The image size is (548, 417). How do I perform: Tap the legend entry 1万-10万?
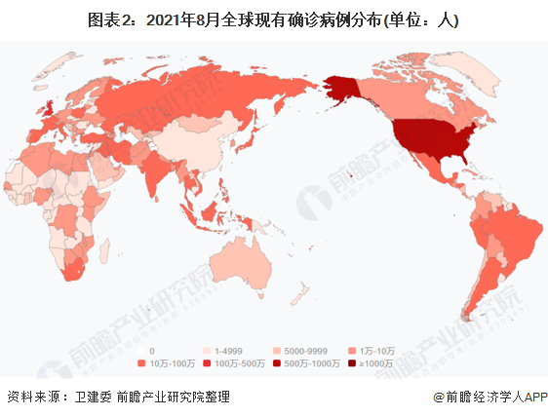(374, 350)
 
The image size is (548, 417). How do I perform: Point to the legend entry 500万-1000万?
(313, 363)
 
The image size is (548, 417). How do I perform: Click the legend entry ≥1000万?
(376, 363)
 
